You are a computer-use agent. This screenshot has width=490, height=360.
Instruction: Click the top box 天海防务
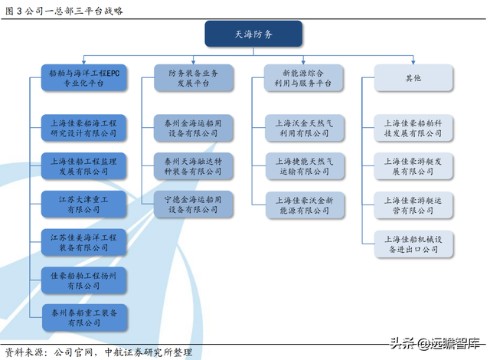point(253,34)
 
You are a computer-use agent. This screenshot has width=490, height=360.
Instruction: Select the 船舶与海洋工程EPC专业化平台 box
point(83,78)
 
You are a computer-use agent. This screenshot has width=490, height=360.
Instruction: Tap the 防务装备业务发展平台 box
point(194,78)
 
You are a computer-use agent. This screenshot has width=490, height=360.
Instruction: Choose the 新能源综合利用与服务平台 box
point(303,78)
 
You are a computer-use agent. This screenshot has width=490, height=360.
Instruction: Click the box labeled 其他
point(413,78)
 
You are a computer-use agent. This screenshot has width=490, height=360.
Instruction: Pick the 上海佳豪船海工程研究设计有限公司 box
point(83,128)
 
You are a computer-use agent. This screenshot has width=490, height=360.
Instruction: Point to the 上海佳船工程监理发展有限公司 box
point(83,166)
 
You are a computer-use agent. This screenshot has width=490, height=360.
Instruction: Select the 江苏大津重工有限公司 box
point(83,204)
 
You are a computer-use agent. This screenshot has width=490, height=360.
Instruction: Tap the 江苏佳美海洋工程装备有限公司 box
point(83,242)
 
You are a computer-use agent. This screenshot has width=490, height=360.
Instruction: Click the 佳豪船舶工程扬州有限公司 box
point(83,280)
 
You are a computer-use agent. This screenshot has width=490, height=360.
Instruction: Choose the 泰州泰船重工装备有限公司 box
point(84,318)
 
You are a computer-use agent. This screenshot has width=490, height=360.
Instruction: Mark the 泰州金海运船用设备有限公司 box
point(194,128)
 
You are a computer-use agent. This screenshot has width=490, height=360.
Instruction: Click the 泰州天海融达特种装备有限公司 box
point(194,166)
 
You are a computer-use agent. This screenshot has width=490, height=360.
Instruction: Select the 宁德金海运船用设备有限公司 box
point(194,204)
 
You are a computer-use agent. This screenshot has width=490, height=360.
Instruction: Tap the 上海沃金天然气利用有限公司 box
point(305,128)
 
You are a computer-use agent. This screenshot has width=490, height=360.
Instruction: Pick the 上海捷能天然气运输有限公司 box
point(305,166)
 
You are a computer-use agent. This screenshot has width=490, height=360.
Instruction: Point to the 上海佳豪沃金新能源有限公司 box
point(305,205)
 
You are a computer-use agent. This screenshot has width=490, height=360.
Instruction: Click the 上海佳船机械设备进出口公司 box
point(413,244)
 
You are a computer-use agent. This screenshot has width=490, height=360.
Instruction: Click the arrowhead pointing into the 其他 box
point(413,63)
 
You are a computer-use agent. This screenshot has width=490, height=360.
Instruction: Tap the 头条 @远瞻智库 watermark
point(435,343)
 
